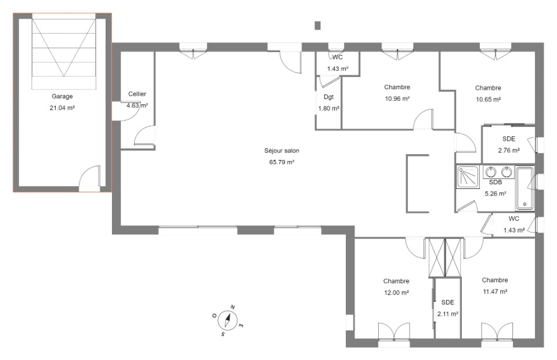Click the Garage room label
click(62, 96)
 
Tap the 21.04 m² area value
click(62, 108)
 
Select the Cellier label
click(137, 94)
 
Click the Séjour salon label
click(282, 151)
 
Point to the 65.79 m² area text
click(282, 162)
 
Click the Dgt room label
click(328, 97)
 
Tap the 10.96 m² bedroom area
click(397, 99)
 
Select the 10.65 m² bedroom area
click(489, 99)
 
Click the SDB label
click(495, 182)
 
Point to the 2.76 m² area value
click(509, 150)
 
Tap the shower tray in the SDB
click(468, 176)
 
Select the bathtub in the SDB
click(525, 188)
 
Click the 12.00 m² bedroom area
click(396, 293)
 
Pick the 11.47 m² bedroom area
click(495, 292)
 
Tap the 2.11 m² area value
click(447, 314)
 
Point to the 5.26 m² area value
click(495, 194)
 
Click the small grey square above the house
click(317, 26)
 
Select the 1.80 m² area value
click(328, 108)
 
